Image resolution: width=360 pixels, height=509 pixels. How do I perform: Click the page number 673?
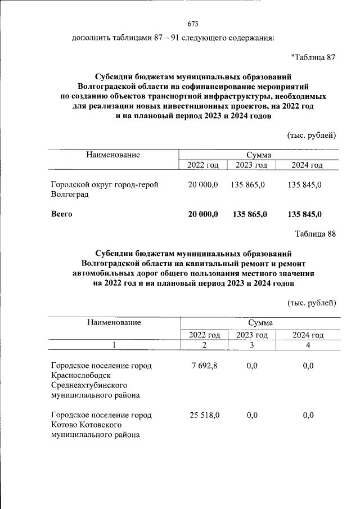click(x=192, y=24)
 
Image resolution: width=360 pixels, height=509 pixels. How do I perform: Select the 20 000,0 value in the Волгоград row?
click(x=202, y=185)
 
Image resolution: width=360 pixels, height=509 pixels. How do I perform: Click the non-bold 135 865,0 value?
click(x=249, y=185)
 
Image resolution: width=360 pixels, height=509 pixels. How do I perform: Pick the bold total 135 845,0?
click(x=304, y=214)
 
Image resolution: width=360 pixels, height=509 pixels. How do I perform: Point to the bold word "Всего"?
click(x=62, y=214)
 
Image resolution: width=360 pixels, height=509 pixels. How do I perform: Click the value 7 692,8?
click(x=205, y=366)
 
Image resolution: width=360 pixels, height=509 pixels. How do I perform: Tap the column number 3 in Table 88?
click(x=253, y=345)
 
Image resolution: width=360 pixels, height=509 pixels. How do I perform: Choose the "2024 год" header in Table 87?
click(x=308, y=165)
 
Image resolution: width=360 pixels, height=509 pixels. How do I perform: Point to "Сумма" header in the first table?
click(x=259, y=155)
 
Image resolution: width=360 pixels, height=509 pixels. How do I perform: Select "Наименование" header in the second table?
click(x=113, y=323)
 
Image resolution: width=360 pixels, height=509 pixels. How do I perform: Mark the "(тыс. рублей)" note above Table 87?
click(x=312, y=135)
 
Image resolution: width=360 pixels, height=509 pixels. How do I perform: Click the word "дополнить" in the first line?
click(x=92, y=38)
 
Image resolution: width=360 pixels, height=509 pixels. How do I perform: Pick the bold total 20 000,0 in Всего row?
click(x=202, y=214)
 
